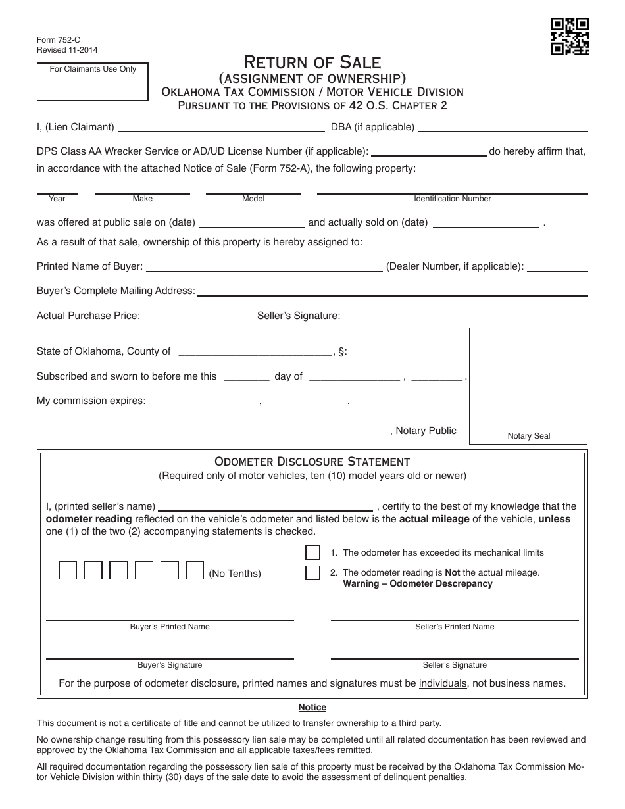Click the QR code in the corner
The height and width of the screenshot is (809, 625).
pos(570,36)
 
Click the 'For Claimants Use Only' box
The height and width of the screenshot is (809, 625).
pos(93,82)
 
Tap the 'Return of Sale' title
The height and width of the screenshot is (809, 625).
pos(312,62)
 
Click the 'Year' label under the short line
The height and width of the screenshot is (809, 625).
pos(57,199)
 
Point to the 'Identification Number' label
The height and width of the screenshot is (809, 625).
pos(453,199)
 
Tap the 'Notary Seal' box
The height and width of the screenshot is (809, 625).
pos(528,385)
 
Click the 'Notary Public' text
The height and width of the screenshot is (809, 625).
pos(426,431)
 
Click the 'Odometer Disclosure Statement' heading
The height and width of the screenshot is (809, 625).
pos(312,462)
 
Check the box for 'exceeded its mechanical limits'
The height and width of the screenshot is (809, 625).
pos(312,552)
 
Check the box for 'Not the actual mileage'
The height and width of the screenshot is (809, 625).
pos(312,573)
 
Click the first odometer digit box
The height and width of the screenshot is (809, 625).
pos(68,571)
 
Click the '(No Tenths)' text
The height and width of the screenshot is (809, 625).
pos(235,574)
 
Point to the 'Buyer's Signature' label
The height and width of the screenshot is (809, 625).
pos(170,665)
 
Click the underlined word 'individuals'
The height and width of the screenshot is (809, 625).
pos(443,683)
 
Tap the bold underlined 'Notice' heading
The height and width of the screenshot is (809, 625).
pos(312,708)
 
